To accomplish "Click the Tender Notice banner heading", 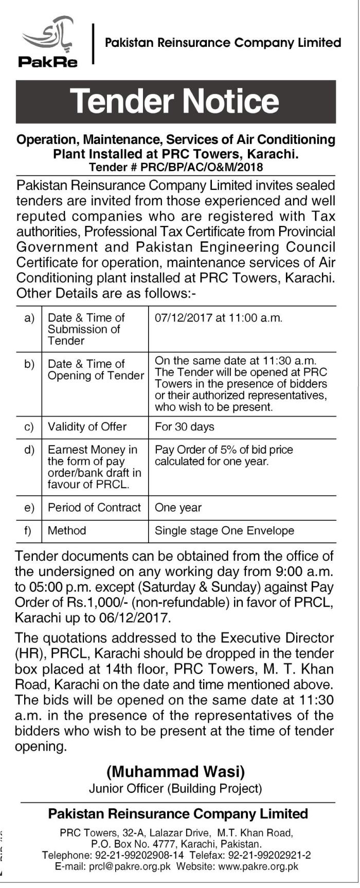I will point(175,101).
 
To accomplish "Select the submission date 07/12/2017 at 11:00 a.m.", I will point(219,318).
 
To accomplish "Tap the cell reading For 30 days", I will point(184,427).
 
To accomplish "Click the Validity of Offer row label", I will point(87,427).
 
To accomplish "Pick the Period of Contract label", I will point(94,507).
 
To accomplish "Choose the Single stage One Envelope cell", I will point(224,530).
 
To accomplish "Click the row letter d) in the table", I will point(29,450).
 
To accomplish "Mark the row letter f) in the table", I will point(29,530).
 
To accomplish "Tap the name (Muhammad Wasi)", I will point(175,772).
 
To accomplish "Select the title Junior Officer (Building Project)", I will point(175,788).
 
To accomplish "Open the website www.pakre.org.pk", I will point(258,866).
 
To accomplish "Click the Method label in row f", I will point(67,530).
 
